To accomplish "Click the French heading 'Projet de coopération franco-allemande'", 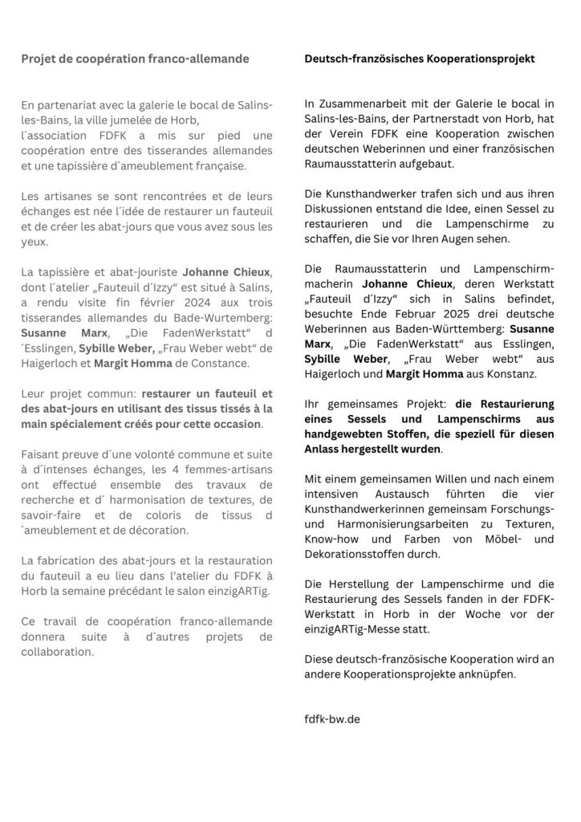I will click(135, 59).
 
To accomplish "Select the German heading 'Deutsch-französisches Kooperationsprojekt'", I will click(420, 59).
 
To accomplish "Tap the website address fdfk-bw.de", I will click(332, 718).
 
